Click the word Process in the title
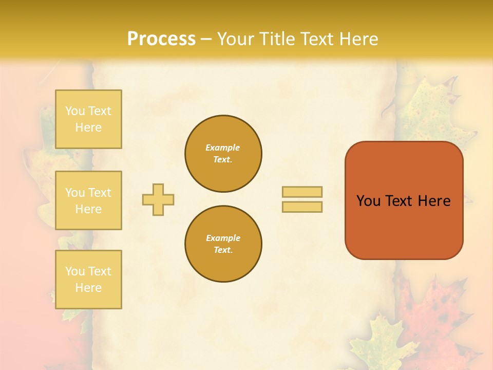(161, 39)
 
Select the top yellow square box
(88, 119)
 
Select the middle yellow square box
(88, 200)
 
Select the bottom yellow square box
(88, 280)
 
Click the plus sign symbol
(158, 199)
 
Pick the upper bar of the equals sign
(302, 192)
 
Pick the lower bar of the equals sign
(302, 207)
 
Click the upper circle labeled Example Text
(223, 154)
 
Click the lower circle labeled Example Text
(223, 244)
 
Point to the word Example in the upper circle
(223, 148)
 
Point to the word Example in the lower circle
(223, 238)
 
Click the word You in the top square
(74, 111)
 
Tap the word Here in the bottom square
(88, 288)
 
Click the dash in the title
(206, 39)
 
